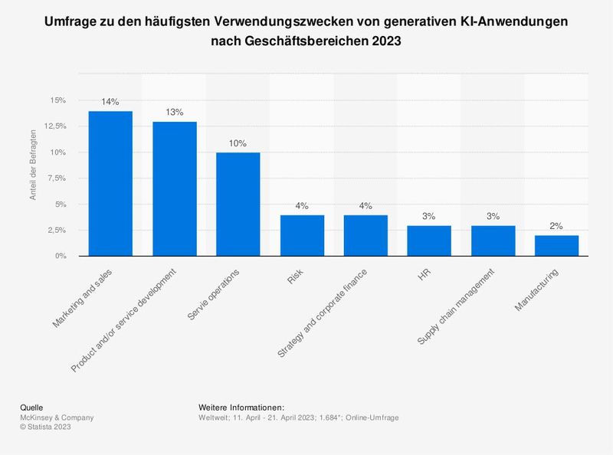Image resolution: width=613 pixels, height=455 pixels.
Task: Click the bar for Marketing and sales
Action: pyautogui.click(x=110, y=184)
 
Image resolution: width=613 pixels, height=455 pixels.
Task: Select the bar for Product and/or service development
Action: pyautogui.click(x=174, y=189)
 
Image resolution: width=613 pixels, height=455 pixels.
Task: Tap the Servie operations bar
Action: pyautogui.click(x=238, y=205)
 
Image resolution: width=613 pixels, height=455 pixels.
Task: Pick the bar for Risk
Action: pyautogui.click(x=301, y=236)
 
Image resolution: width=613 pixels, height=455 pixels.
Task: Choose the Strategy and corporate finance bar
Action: pyautogui.click(x=365, y=236)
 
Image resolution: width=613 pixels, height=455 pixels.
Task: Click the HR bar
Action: pyautogui.click(x=428, y=241)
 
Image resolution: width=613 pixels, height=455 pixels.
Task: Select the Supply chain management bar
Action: pyautogui.click(x=492, y=241)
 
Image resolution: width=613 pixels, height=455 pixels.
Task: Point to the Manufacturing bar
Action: pyautogui.click(x=556, y=246)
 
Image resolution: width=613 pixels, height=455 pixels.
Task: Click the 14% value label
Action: pyautogui.click(x=110, y=102)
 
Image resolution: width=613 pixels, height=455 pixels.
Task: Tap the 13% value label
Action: pyautogui.click(x=174, y=113)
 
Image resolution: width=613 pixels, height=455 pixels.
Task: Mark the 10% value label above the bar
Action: pyautogui.click(x=238, y=143)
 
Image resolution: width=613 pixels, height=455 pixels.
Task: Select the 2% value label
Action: pyautogui.click(x=556, y=226)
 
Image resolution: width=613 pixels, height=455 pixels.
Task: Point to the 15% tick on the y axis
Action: pyautogui.click(x=58, y=100)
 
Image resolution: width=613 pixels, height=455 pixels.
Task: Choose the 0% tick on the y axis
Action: pyautogui.click(x=61, y=257)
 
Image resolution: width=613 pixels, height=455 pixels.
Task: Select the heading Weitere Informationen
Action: pyautogui.click(x=241, y=407)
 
